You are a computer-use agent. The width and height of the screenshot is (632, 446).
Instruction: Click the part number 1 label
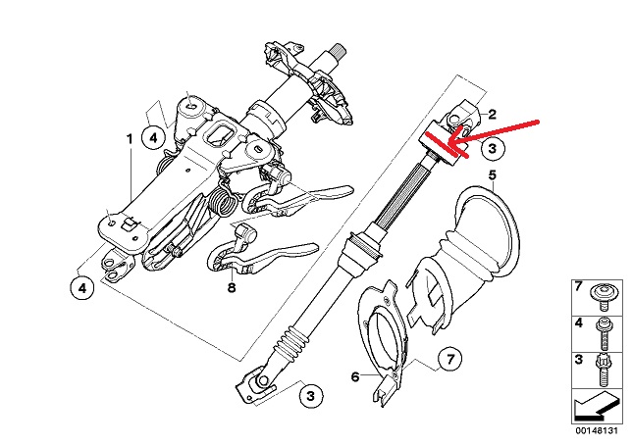pos(130,139)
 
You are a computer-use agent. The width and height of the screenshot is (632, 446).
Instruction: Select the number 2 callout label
pos(492,115)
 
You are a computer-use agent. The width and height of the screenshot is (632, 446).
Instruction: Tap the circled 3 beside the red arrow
pos(492,149)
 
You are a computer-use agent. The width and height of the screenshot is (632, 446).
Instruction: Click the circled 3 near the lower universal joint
pos(310,395)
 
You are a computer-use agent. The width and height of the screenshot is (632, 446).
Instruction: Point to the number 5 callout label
pos(492,175)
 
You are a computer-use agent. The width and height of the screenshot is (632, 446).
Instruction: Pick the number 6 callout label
pos(355,377)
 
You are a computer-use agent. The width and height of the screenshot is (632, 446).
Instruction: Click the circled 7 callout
pos(450,358)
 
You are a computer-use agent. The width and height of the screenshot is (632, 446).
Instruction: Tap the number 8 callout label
pos(232,288)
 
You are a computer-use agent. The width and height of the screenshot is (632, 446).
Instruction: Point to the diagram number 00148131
pos(597,430)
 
